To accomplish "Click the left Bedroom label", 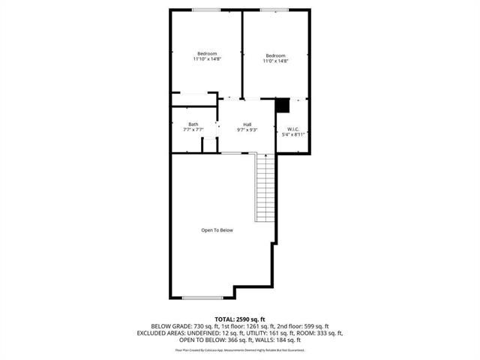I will (x=207, y=53).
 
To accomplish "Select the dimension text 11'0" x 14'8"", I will (x=275, y=61).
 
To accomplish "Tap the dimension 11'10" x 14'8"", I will (x=207, y=60).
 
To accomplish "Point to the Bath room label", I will (x=193, y=124).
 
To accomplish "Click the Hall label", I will (x=247, y=124).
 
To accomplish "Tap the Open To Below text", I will (x=217, y=230).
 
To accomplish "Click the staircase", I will (x=263, y=187).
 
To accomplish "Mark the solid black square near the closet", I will (x=283, y=106).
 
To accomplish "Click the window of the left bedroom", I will (x=205, y=10).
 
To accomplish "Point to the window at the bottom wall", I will (x=203, y=298).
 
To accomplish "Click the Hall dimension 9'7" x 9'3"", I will (x=247, y=130).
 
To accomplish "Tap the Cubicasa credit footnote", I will (x=239, y=349).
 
